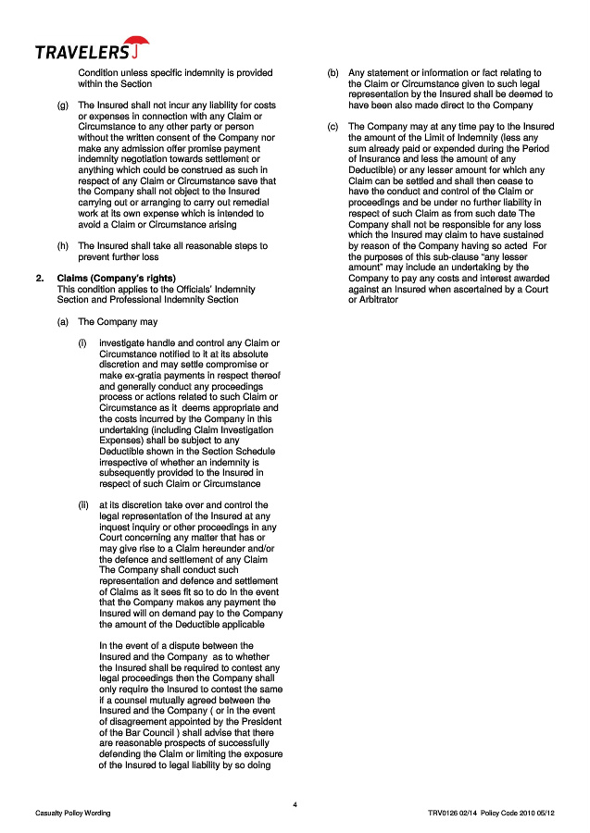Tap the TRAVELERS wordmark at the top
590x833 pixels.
tap(82, 52)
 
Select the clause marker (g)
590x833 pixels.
tap(63, 105)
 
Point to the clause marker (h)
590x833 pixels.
tap(63, 246)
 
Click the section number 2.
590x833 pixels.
tap(39, 279)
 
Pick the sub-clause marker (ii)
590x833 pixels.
tap(83, 505)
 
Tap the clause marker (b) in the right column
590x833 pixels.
tap(333, 72)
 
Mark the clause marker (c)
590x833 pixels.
tap(333, 126)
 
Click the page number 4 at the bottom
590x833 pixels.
tap(295, 803)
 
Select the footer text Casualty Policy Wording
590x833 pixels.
tap(73, 813)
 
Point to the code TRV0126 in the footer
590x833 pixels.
tap(434, 813)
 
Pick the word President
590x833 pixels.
tap(263, 720)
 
